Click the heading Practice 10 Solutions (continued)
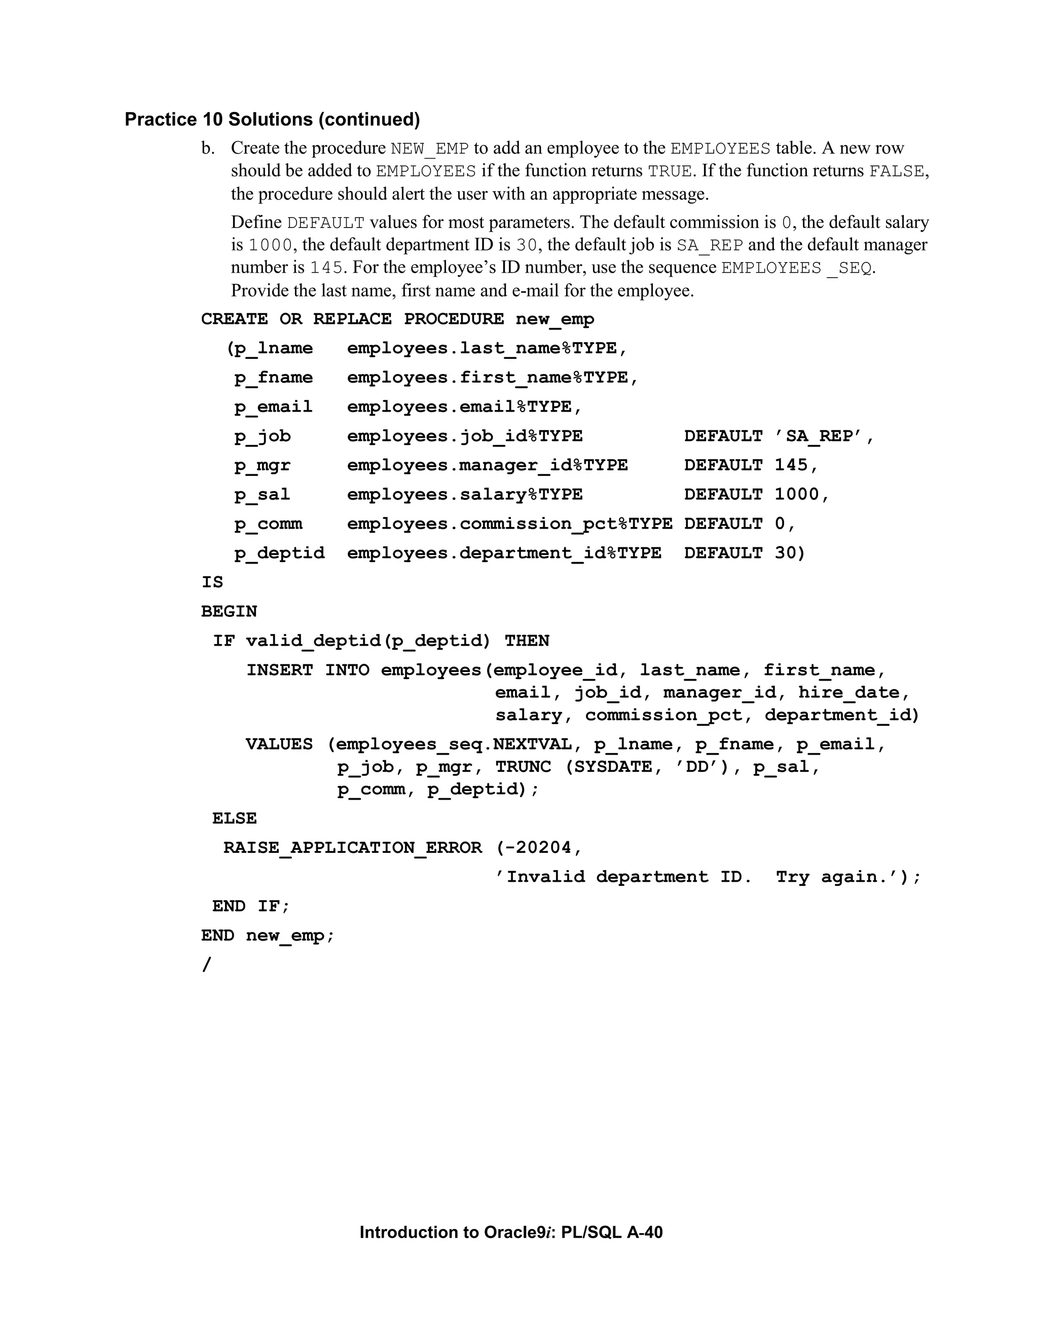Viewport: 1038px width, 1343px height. (272, 119)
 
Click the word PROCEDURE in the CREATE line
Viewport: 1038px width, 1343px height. (453, 319)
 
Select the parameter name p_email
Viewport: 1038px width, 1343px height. (273, 407)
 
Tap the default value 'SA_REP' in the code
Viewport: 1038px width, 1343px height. (818, 436)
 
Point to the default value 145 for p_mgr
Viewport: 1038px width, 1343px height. (791, 466)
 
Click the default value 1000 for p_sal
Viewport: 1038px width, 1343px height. (796, 495)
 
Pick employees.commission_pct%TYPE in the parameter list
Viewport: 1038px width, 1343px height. (509, 524)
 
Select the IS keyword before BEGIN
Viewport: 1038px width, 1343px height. (212, 582)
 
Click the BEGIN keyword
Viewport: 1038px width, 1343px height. (229, 612)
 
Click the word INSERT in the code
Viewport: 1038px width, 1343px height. (280, 670)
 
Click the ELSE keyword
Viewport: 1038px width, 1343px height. (234, 818)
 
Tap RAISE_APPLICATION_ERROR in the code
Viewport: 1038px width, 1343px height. (352, 848)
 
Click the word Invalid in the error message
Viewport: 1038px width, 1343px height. (545, 877)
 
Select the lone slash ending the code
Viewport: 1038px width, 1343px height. (206, 965)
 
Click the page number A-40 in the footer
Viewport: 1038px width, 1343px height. (645, 1233)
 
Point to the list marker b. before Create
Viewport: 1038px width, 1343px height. (208, 148)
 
